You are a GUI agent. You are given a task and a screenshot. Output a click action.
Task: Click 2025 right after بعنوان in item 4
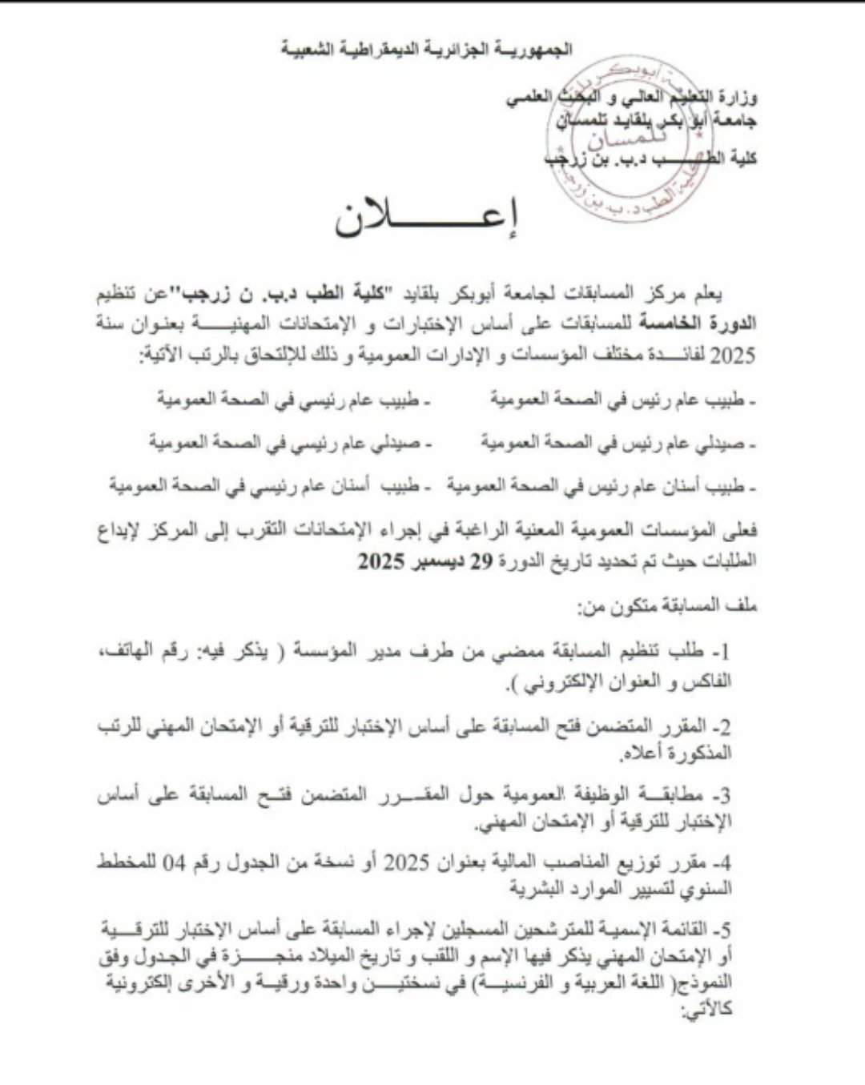point(408,862)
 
